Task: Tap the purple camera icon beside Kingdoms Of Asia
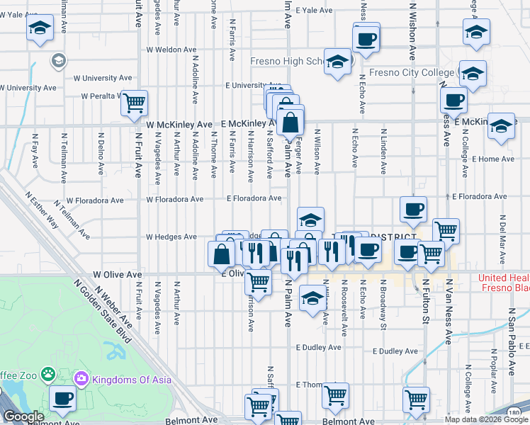click(81, 379)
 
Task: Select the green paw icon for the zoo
click(47, 373)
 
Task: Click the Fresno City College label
click(412, 72)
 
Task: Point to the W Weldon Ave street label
click(171, 50)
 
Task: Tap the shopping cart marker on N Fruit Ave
click(133, 103)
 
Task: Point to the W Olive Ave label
click(118, 273)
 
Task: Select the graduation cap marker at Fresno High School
click(338, 62)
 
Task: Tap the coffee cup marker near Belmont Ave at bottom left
click(62, 399)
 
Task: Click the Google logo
click(23, 417)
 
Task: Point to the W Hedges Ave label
click(171, 237)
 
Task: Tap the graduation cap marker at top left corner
click(40, 29)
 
